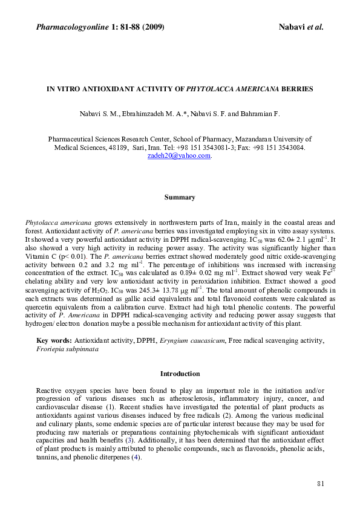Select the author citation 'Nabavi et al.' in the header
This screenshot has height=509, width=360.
point(301,27)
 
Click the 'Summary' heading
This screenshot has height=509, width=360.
point(180,197)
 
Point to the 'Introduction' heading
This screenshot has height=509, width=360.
point(180,374)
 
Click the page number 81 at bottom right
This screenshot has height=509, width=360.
point(321,484)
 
